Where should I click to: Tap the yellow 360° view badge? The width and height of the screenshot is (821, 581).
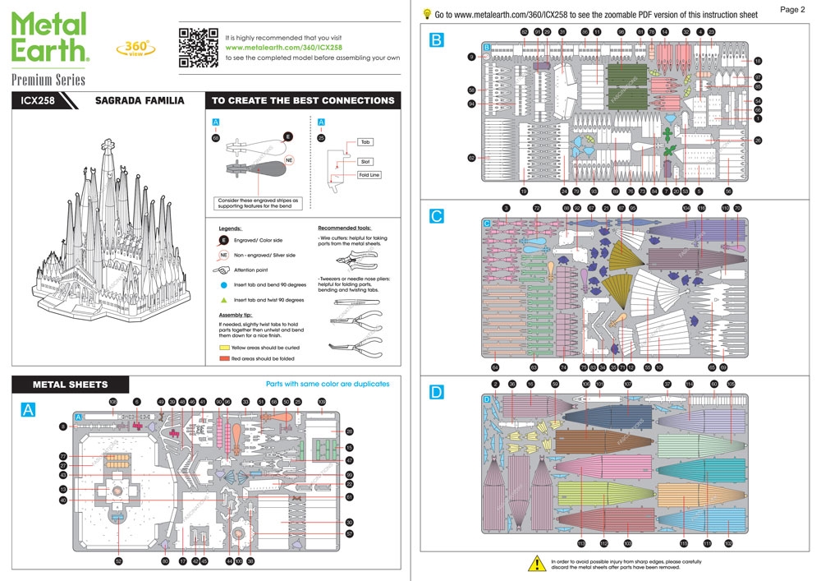click(x=132, y=48)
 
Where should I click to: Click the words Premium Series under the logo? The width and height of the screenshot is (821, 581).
click(x=48, y=80)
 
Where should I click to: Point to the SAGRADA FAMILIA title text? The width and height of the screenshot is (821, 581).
click(x=139, y=101)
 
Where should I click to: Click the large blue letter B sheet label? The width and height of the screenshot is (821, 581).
click(x=437, y=39)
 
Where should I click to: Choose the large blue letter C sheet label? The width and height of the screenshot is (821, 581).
click(x=437, y=216)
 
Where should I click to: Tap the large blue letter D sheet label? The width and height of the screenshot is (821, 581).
click(x=437, y=393)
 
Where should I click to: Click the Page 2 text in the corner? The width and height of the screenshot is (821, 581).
click(x=791, y=9)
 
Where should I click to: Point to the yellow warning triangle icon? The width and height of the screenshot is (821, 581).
click(x=536, y=563)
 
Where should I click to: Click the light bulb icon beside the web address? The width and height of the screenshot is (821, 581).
click(x=427, y=14)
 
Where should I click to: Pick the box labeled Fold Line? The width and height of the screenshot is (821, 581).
click(x=369, y=175)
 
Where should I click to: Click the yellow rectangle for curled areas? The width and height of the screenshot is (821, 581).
click(x=224, y=348)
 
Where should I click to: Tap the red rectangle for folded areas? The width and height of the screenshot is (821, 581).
click(x=224, y=358)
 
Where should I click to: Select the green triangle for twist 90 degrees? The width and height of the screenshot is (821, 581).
click(x=223, y=300)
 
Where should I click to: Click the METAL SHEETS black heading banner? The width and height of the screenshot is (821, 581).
click(x=70, y=384)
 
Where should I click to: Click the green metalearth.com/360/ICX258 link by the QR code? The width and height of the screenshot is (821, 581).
click(x=283, y=48)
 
